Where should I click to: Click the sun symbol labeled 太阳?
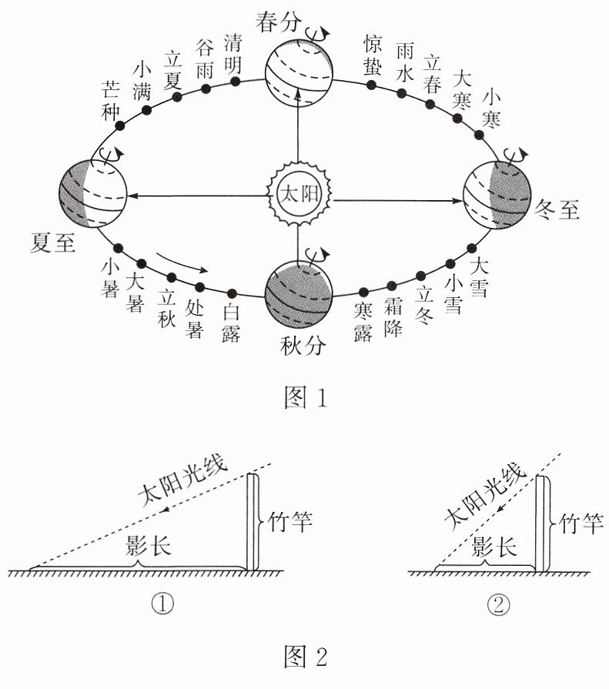299,194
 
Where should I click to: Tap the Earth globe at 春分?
299,72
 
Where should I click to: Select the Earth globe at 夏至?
92,194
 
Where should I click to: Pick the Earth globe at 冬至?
497,195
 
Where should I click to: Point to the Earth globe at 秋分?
299,294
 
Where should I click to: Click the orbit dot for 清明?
236,82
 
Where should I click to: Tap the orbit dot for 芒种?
119,126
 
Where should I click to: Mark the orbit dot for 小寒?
480,135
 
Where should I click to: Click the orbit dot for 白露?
232,293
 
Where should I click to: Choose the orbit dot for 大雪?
471,248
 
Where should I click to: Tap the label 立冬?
425,305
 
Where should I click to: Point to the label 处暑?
194,319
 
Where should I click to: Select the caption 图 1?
306,398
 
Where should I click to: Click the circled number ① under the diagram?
162,604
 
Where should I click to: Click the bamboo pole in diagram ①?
253,522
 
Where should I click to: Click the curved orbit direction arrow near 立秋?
182,262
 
